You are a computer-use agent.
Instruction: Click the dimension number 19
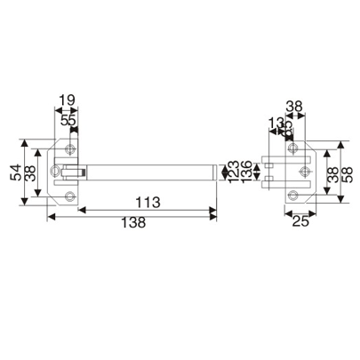pyautogui.click(x=67, y=101)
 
